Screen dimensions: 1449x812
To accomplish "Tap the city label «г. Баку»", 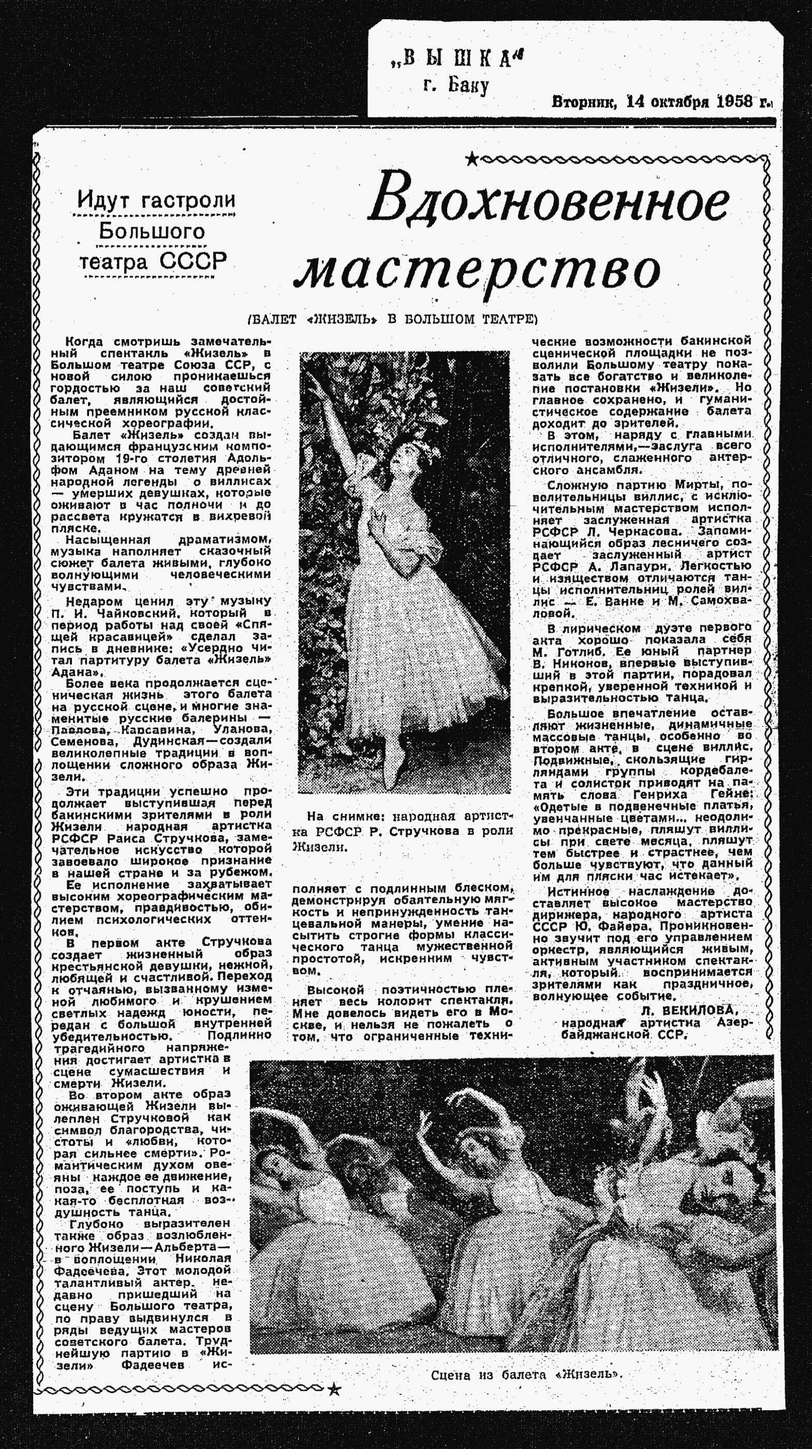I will pos(456,85).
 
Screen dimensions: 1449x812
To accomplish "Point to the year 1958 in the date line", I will pos(734,102).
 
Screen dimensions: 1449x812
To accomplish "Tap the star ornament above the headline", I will pos(471,160).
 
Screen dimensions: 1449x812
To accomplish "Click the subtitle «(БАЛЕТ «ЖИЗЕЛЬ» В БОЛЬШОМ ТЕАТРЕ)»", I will pos(393,319).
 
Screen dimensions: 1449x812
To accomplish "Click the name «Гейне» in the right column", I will pos(734,795).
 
